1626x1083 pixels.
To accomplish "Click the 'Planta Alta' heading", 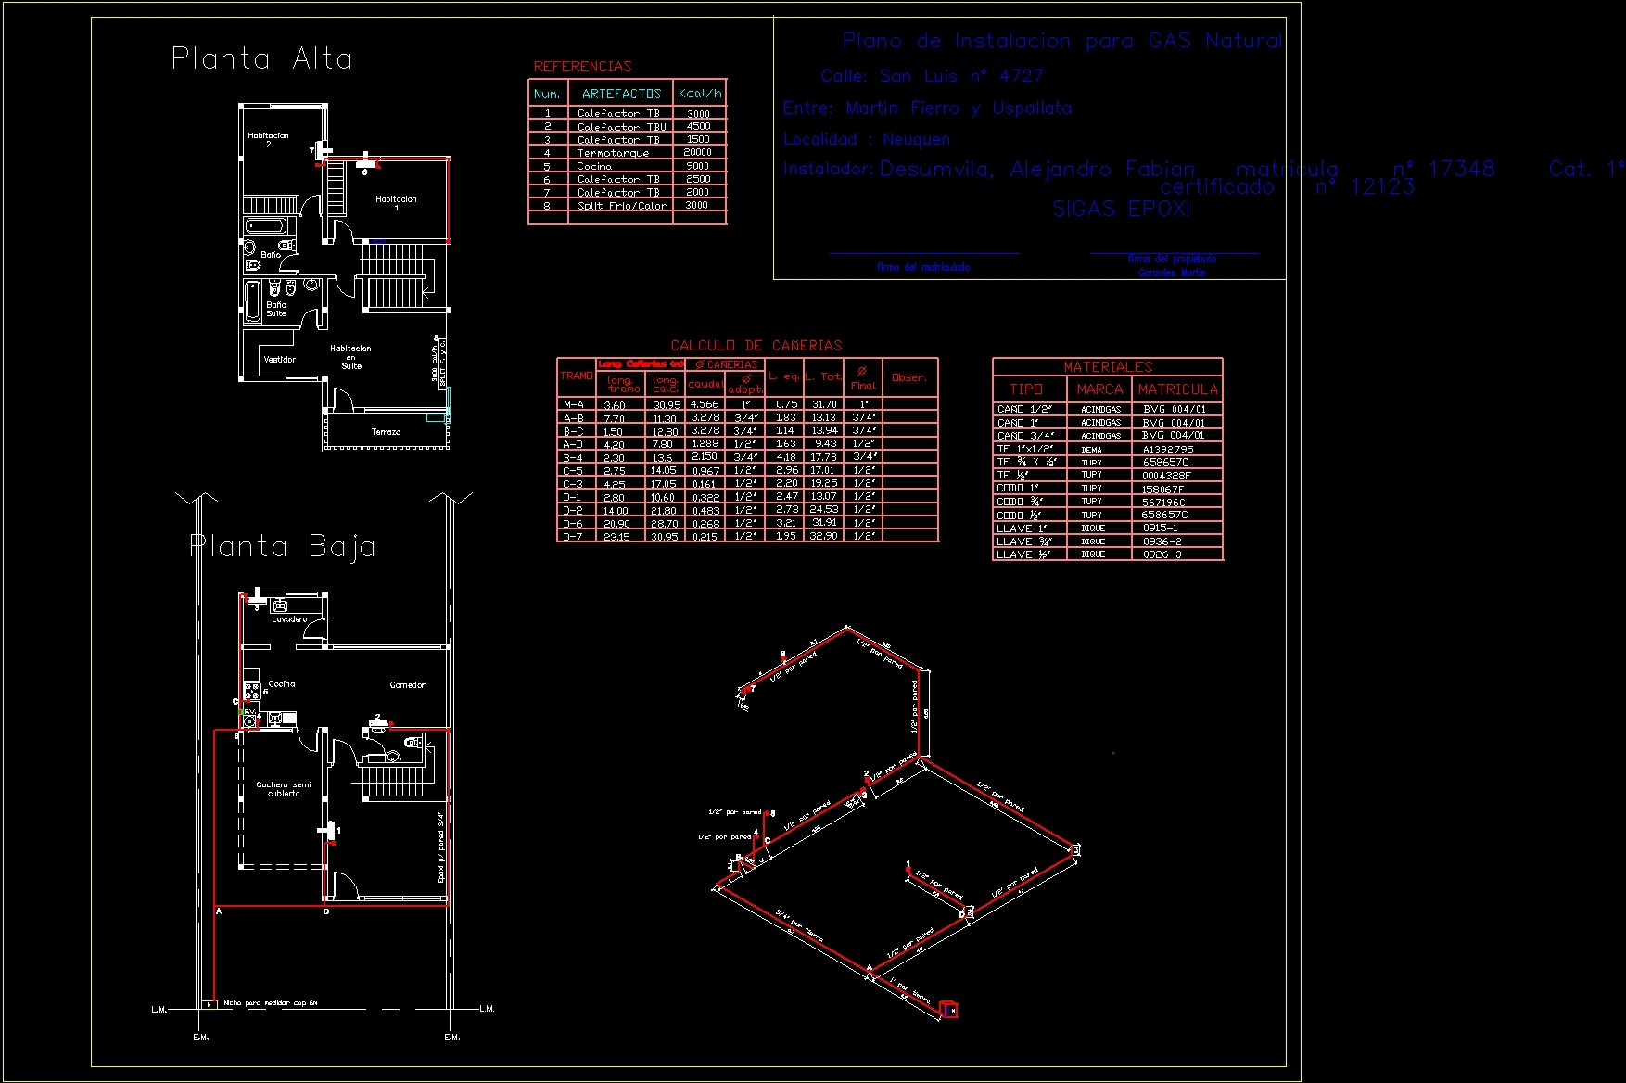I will (262, 59).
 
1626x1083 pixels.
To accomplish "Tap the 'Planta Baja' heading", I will (283, 546).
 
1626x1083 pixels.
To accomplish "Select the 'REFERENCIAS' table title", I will (582, 67).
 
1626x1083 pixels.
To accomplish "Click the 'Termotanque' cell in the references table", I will (613, 153).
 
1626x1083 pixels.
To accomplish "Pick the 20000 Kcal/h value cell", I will (698, 153).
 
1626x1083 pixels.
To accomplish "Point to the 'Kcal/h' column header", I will (700, 94).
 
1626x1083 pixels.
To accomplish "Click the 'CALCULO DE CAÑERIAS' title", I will (756, 346).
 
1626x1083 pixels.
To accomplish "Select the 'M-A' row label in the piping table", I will (574, 405).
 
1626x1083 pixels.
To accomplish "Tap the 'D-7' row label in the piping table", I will (574, 537).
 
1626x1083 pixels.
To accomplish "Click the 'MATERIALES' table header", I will (1108, 367).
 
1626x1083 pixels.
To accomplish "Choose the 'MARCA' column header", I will (1099, 389).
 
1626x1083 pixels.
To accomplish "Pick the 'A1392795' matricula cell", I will (1168, 450).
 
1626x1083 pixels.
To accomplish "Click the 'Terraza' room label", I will (387, 432).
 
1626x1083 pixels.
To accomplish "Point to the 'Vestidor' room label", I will (280, 360).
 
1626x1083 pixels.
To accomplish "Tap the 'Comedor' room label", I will (407, 685).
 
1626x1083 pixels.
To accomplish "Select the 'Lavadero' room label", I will (289, 619).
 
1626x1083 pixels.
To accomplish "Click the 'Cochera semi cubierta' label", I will (284, 789).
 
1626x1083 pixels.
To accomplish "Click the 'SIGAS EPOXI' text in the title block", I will (1121, 210).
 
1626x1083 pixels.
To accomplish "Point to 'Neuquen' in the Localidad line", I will (916, 140).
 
